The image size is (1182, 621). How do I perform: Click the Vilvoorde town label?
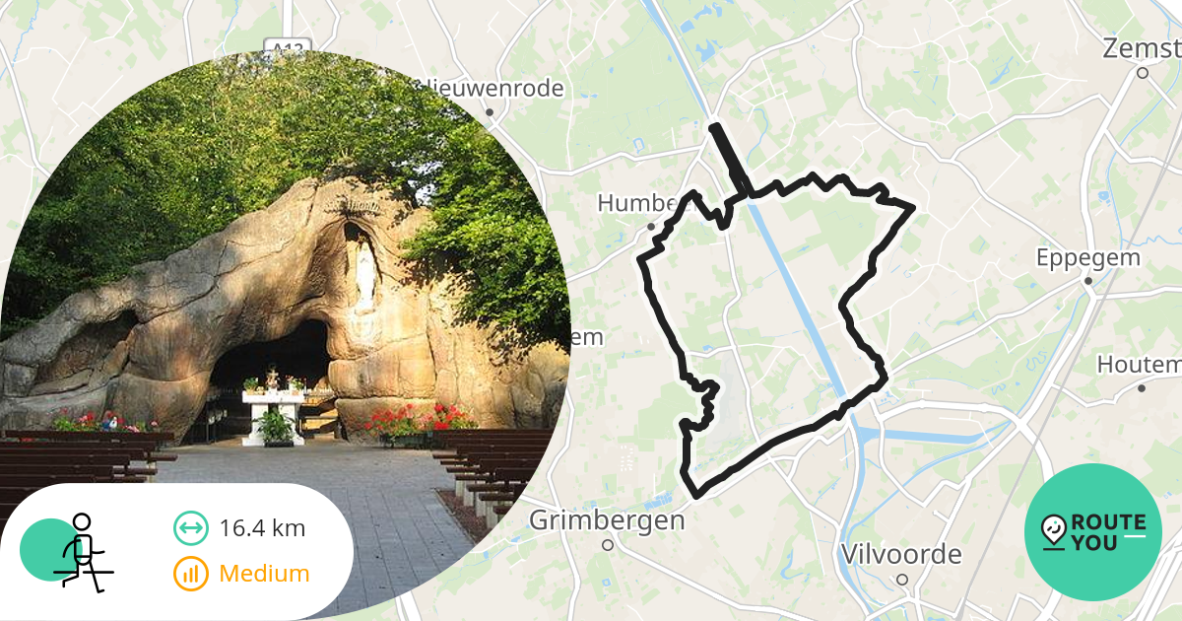[x=900, y=554]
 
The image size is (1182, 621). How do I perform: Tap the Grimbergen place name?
[x=607, y=519]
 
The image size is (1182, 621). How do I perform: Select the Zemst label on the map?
[x=1143, y=48]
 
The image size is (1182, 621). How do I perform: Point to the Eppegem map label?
[x=1087, y=257]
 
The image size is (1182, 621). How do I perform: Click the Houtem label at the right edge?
[x=1139, y=365]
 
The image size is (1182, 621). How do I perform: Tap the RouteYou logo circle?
[x=1093, y=532]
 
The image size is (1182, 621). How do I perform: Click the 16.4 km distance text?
[x=262, y=528]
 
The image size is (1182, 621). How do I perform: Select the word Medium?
[x=264, y=574]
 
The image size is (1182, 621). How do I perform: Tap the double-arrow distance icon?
[x=190, y=528]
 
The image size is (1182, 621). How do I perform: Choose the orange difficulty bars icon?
[x=190, y=574]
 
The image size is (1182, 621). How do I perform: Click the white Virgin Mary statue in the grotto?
[x=364, y=276]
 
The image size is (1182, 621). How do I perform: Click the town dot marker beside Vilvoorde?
[x=901, y=580]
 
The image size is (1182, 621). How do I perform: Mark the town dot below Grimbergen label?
[x=608, y=544]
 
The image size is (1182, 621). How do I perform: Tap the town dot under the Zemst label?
[x=1143, y=73]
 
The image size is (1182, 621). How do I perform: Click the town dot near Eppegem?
[x=1088, y=281]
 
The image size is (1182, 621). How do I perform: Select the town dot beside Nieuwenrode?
[x=490, y=112]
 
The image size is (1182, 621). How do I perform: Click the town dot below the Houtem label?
[x=1142, y=388]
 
